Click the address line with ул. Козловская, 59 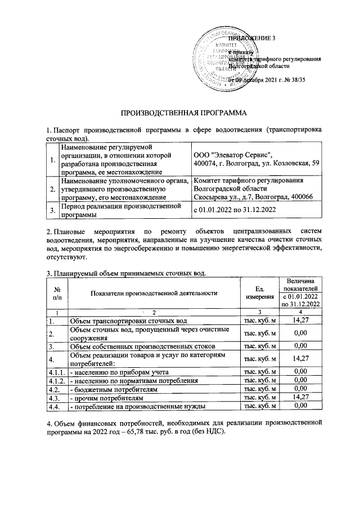point(256,163)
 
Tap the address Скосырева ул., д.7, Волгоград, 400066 point(249,197)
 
